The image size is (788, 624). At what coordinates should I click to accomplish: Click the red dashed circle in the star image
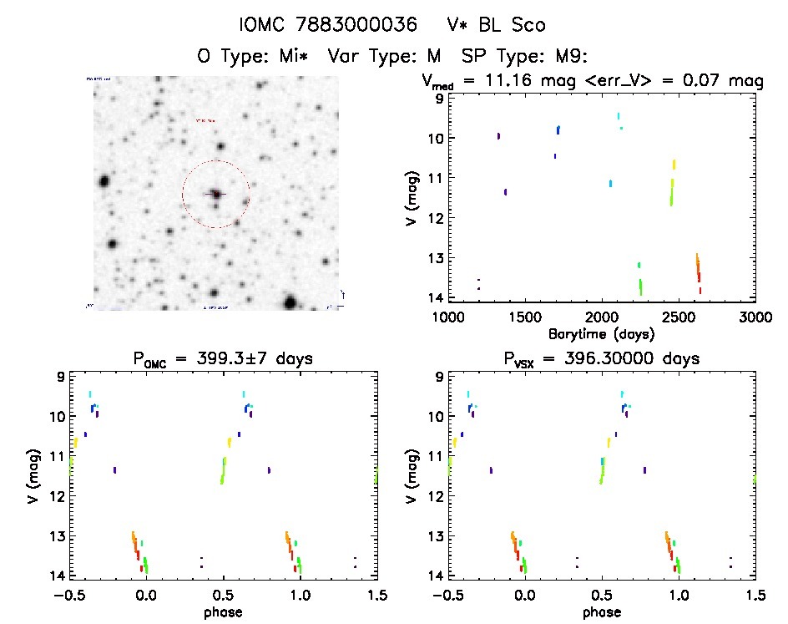pyautogui.click(x=216, y=160)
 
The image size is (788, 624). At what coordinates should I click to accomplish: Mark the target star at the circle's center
pyautogui.click(x=216, y=194)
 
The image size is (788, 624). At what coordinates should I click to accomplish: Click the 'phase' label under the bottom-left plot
pyautogui.click(x=222, y=611)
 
